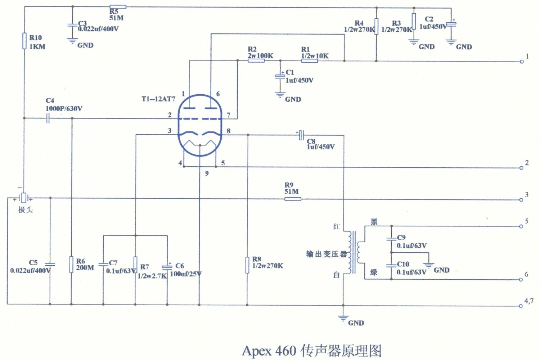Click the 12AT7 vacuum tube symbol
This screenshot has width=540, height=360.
click(200, 125)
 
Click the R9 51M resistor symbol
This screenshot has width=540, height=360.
click(293, 199)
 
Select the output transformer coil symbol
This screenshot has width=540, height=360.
click(354, 252)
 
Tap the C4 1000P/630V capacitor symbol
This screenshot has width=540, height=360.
click(48, 118)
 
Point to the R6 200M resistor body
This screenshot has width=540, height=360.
click(71, 265)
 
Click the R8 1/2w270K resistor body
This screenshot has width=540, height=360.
click(247, 265)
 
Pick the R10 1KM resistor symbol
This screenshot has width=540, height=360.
click(24, 41)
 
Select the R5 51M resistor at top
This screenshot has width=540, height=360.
click(118, 7)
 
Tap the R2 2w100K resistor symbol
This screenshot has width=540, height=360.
click(256, 60)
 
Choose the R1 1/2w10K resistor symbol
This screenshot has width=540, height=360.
click(309, 60)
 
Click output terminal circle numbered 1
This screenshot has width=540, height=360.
click(521, 62)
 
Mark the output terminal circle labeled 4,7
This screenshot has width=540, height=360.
click(521, 306)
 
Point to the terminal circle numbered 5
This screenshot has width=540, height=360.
click(521, 226)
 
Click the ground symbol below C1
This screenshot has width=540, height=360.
click(280, 95)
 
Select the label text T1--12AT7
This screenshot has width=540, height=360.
click(158, 99)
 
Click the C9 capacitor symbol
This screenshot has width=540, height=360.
click(391, 239)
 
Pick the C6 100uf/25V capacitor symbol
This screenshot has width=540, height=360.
click(167, 267)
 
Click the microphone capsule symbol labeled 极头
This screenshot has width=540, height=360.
click(23, 198)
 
